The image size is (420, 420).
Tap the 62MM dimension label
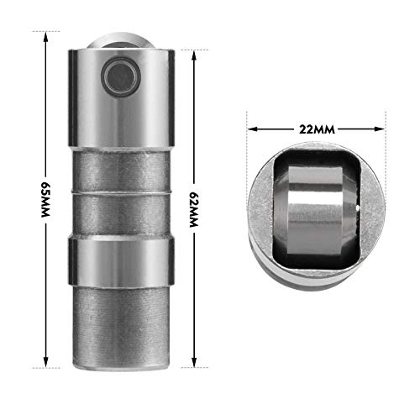[195, 198]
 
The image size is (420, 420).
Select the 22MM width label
[315, 130]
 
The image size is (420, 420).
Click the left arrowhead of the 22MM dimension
[251, 130]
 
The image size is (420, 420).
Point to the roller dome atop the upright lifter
[121, 42]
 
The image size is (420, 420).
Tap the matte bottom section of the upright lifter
[121, 323]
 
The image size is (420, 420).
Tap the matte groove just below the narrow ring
[121, 221]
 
